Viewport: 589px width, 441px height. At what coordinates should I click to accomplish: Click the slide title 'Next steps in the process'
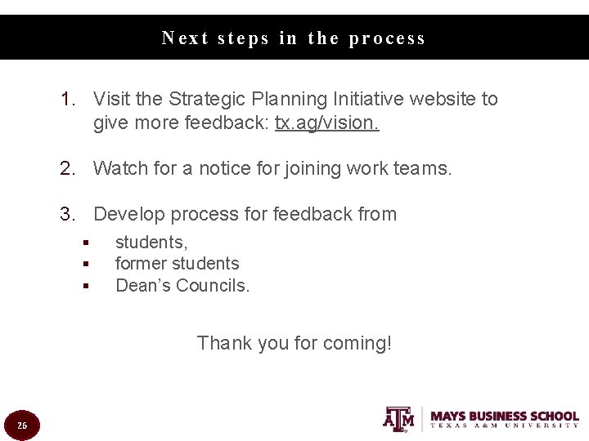coord(294,38)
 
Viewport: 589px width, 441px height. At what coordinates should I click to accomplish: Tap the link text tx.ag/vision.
coord(327,123)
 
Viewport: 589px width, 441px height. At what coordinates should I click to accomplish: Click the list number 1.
coord(68,100)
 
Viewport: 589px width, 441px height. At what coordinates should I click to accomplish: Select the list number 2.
coord(68,169)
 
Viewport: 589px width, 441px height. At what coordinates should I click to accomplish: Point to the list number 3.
coord(68,215)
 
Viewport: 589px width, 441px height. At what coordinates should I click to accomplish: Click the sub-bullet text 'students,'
coord(151,243)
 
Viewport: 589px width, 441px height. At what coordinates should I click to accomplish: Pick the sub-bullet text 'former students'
coord(177,264)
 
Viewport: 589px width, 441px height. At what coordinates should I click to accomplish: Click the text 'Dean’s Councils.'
coord(182,286)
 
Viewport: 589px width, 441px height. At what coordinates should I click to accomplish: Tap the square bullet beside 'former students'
coord(84,265)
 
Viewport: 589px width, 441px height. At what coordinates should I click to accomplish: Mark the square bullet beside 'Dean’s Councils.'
coord(84,287)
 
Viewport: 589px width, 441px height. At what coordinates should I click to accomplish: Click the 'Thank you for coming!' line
coord(294,343)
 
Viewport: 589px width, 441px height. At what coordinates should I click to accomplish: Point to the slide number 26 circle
coord(22,425)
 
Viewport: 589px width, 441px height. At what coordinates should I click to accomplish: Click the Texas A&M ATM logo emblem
coord(398,418)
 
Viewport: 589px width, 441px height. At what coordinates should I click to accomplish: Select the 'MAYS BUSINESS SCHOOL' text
coord(505,416)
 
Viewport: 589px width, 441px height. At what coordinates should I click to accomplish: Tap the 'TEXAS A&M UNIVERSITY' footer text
coord(505,425)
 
